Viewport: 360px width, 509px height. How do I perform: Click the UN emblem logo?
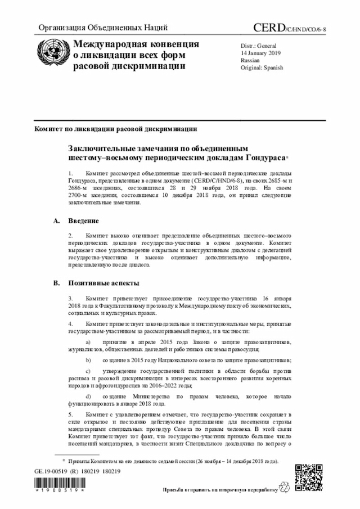pos(51,54)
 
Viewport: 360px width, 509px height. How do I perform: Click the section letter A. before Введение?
pos(56,220)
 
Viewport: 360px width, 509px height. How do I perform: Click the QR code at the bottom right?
pos(310,478)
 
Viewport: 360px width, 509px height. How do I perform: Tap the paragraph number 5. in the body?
pos(71,414)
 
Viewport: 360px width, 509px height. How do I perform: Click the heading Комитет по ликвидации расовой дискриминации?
pos(115,129)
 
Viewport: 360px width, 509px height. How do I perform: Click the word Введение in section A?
pos(83,220)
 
